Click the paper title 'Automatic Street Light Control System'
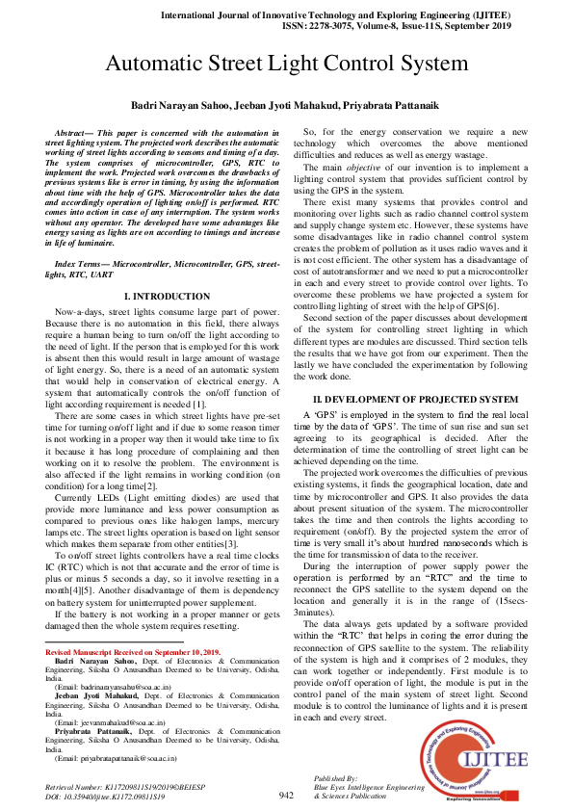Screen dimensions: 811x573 click(x=286, y=65)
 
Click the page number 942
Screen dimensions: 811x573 click(x=286, y=795)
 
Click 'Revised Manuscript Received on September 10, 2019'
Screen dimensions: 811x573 click(x=132, y=653)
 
